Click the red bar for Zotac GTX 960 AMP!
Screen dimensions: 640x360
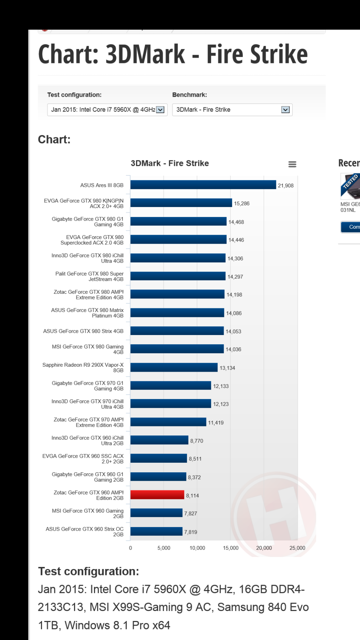pyautogui.click(x=157, y=495)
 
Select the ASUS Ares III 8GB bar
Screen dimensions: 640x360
pyautogui.click(x=203, y=185)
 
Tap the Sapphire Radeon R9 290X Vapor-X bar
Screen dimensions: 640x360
pyautogui.click(x=174, y=367)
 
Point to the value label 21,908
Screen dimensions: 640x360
pyautogui.click(x=286, y=186)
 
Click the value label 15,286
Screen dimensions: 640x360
pyautogui.click(x=242, y=204)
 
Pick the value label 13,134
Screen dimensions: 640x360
pyautogui.click(x=227, y=368)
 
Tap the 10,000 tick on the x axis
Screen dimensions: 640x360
pyautogui.click(x=197, y=548)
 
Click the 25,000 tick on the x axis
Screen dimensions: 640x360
pyautogui.click(x=297, y=548)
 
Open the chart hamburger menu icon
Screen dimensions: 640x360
pyautogui.click(x=292, y=164)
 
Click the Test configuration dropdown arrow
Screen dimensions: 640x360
pyautogui.click(x=160, y=110)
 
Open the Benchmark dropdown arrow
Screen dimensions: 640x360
pyautogui.click(x=285, y=110)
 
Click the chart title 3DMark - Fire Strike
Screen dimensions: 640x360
pyautogui.click(x=170, y=163)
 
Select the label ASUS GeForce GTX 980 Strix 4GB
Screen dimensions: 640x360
pyautogui.click(x=83, y=331)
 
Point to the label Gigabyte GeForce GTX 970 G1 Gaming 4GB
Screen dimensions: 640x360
pyautogui.click(x=88, y=386)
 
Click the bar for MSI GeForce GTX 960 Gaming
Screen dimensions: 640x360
pyautogui.click(x=156, y=513)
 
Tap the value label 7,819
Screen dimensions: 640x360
pyautogui.click(x=191, y=532)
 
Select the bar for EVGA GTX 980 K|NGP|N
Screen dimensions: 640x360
pyautogui.click(x=181, y=203)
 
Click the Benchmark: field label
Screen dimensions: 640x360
pyautogui.click(x=189, y=95)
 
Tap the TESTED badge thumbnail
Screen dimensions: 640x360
pyautogui.click(x=350, y=186)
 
